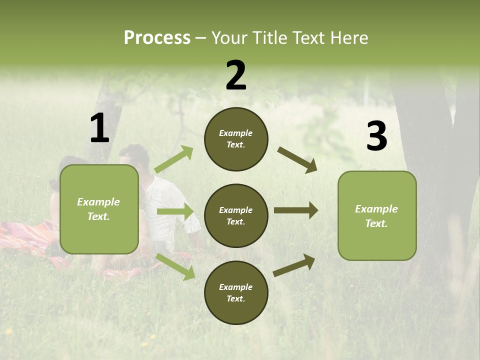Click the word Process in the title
pyautogui.click(x=157, y=38)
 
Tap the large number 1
pyautogui.click(x=99, y=128)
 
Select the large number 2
pyautogui.click(x=236, y=75)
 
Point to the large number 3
pyautogui.click(x=376, y=136)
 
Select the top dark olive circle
pyautogui.click(x=236, y=139)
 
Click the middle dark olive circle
pyautogui.click(x=236, y=215)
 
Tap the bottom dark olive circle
pyautogui.click(x=236, y=292)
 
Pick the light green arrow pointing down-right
pyautogui.click(x=175, y=266)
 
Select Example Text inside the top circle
pyautogui.click(x=236, y=139)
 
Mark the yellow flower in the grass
pyautogui.click(x=8, y=331)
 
